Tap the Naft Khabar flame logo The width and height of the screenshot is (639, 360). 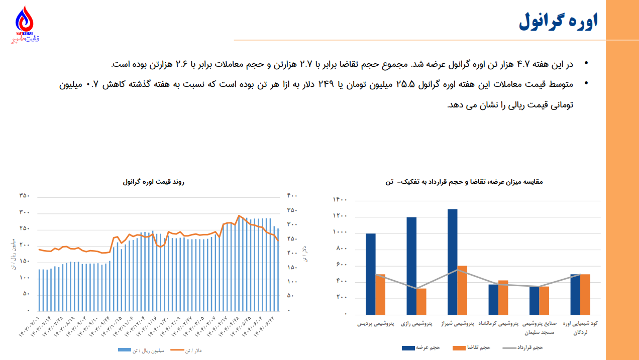coord(25,22)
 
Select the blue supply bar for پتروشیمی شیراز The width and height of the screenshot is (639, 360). coord(452,261)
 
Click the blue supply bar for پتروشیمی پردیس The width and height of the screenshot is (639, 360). coord(370,274)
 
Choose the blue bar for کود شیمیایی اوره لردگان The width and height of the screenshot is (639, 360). coord(575,294)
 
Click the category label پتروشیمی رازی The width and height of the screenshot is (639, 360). coord(416,324)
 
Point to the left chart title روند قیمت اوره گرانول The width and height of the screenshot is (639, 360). coord(153,182)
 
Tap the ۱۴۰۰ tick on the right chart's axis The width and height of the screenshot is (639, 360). coord(340,200)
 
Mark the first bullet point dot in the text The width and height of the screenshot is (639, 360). coord(585,64)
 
